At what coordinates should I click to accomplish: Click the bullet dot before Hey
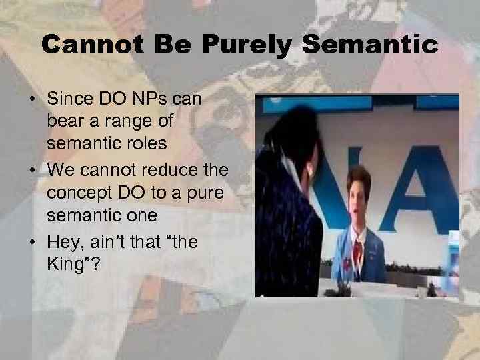[33, 242]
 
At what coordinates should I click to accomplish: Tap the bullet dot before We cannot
[33, 171]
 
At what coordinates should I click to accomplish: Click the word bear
[64, 123]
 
